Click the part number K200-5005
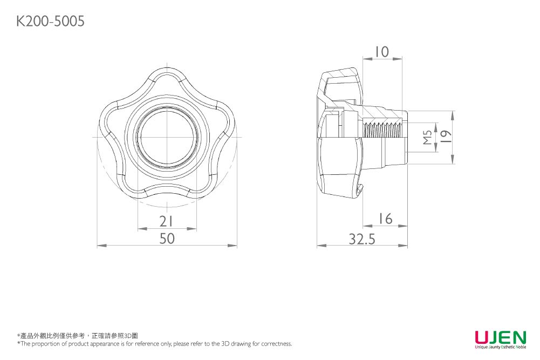(50, 21)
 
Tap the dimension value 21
(166, 221)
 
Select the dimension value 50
(167, 239)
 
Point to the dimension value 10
(382, 52)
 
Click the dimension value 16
(385, 219)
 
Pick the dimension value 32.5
(362, 239)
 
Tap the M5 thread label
(427, 137)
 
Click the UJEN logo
(501, 337)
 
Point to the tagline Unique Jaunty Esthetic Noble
(501, 347)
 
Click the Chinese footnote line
(78, 336)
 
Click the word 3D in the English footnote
(225, 343)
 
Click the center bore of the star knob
(167, 137)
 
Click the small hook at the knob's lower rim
(359, 189)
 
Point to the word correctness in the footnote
(276, 344)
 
